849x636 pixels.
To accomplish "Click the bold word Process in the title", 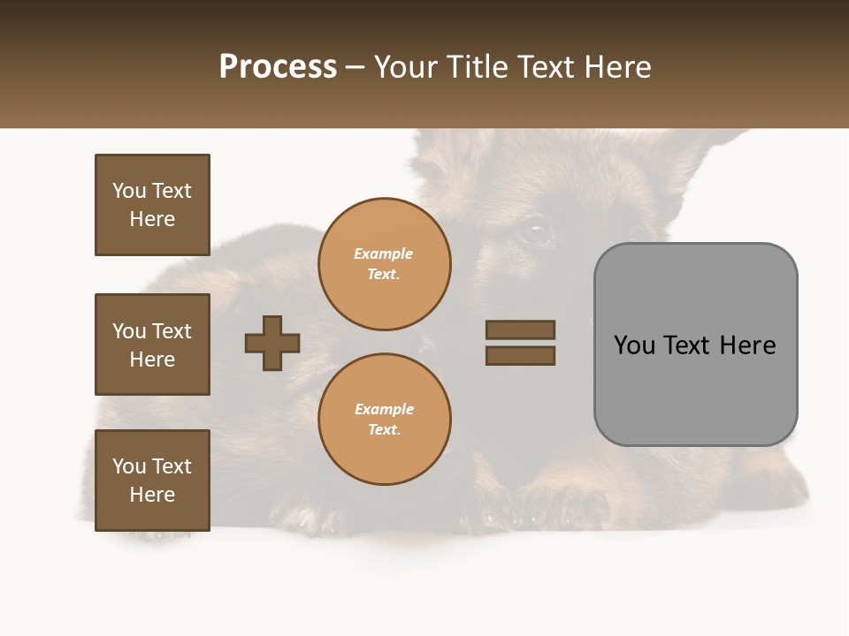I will pyautogui.click(x=278, y=67).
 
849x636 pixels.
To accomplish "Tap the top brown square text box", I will pyautogui.click(x=152, y=205).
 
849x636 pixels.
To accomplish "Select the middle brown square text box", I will pyautogui.click(x=152, y=344).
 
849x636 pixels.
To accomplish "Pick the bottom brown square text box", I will pyautogui.click(x=152, y=481).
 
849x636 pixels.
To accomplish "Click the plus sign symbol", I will pyautogui.click(x=272, y=343).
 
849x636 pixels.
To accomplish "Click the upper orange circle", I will pyautogui.click(x=385, y=264).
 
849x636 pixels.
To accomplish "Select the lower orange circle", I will pyautogui.click(x=385, y=419).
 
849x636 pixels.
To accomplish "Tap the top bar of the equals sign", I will pyautogui.click(x=520, y=330).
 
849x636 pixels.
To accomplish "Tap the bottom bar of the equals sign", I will pyautogui.click(x=520, y=355).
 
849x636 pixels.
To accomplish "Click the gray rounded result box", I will pyautogui.click(x=695, y=344).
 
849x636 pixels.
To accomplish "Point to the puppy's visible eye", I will pyautogui.click(x=533, y=232).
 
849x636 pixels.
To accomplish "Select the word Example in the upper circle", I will pyautogui.click(x=384, y=254).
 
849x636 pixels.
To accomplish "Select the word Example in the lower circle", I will pyautogui.click(x=384, y=409).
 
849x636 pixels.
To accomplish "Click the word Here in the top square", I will pyautogui.click(x=152, y=219).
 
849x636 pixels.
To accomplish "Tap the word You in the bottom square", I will pyautogui.click(x=128, y=466).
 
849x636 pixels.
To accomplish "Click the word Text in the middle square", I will pyautogui.click(x=171, y=331).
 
